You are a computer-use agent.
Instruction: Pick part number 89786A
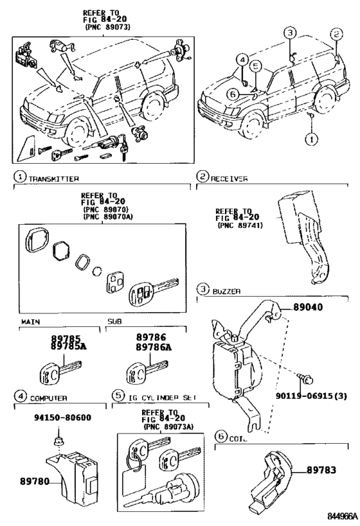(x=154, y=347)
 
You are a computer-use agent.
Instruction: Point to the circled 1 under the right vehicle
(x=310, y=138)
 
